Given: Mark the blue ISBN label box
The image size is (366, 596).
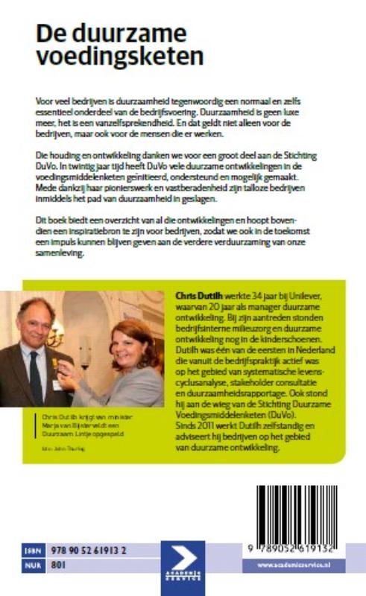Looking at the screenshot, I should click(x=33, y=549).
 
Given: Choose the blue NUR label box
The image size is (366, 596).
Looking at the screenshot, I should click(x=33, y=564).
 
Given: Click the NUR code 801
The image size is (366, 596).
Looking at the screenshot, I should click(x=57, y=564).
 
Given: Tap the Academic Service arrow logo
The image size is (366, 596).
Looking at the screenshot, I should click(x=183, y=557).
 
